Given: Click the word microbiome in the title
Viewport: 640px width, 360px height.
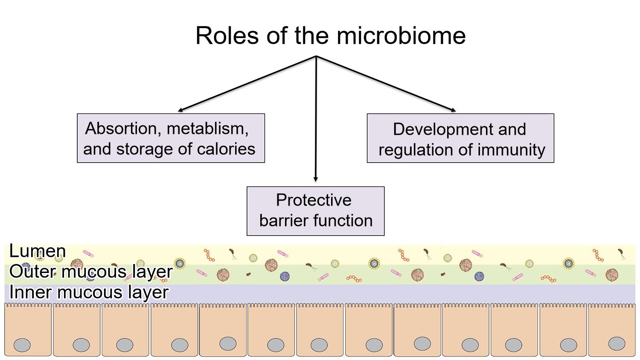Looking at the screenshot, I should tap(401, 35).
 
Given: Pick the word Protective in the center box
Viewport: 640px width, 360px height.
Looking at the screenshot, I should tap(314, 200).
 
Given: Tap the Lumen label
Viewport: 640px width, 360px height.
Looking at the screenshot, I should tap(38, 251).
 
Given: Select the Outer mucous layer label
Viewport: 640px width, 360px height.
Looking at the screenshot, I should tap(90, 272).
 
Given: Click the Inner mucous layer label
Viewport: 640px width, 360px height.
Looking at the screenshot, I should tap(89, 293).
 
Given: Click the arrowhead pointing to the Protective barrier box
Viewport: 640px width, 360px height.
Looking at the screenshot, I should tap(316, 179).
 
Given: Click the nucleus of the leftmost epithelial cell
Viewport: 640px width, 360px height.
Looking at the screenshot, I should tap(22, 345).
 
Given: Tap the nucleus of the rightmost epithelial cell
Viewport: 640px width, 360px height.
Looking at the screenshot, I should tap(617, 343).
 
